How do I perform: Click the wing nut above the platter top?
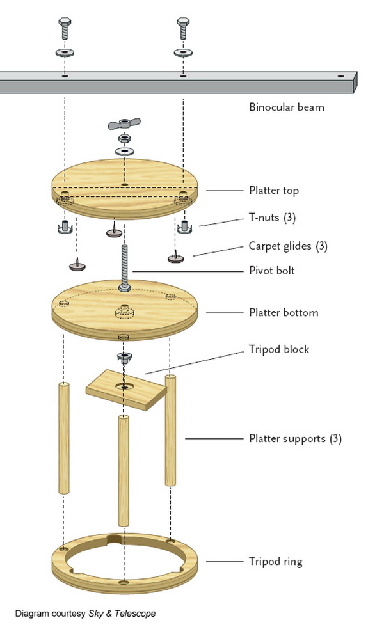(x=124, y=123)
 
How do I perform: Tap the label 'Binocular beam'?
(x=286, y=107)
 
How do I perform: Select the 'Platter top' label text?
(x=274, y=191)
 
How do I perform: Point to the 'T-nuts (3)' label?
(x=272, y=218)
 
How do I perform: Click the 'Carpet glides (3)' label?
(x=288, y=246)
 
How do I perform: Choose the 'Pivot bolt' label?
(x=272, y=271)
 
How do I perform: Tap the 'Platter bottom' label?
(x=284, y=313)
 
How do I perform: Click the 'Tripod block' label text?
(x=279, y=349)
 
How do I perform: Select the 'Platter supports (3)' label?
(x=295, y=439)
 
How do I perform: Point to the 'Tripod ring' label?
(x=275, y=562)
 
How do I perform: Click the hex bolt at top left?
(x=65, y=28)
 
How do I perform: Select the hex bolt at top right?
(x=183, y=28)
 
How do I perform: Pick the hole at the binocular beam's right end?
(x=341, y=75)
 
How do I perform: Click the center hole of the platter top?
(x=125, y=184)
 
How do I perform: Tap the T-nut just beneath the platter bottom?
(x=124, y=356)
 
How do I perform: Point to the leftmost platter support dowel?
(x=64, y=438)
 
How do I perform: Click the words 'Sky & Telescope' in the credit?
(x=122, y=614)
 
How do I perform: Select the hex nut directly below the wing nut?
(x=124, y=139)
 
